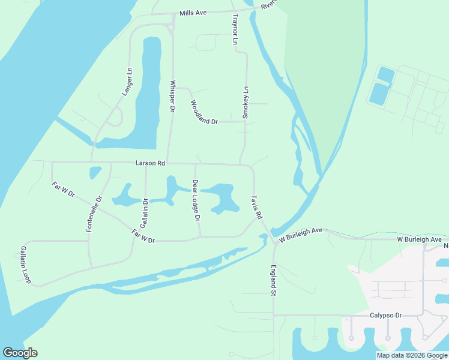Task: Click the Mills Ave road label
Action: pos(193,13)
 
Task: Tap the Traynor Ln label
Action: pos(235,31)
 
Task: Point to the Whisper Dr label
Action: pos(172,96)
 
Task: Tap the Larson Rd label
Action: pos(150,163)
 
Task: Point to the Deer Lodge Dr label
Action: pos(196,200)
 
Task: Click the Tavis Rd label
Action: pos(257,206)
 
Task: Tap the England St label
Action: pos(273,280)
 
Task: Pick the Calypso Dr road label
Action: pos(385,315)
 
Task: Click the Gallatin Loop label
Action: pos(25,264)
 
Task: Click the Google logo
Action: pos(20,353)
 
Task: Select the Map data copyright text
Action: pos(411,355)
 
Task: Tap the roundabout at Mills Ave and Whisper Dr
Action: pos(172,26)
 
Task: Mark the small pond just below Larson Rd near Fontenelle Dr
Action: pos(95,173)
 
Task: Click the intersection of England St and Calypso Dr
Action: pos(274,315)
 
